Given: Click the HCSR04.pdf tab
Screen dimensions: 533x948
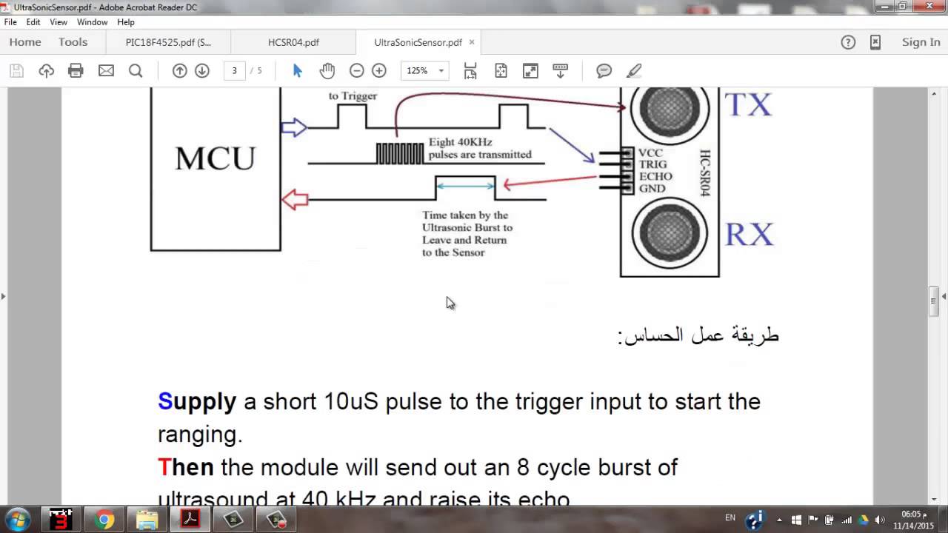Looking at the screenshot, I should tap(293, 42).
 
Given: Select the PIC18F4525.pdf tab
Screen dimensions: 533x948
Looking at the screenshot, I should tap(168, 42).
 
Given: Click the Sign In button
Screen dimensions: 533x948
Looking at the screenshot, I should tap(921, 42).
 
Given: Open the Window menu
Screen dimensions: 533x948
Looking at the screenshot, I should tap(92, 22).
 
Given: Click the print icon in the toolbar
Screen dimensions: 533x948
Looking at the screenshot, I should tap(76, 71).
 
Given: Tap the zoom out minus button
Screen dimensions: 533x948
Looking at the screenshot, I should tap(356, 71).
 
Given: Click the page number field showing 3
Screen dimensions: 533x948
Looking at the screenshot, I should tap(234, 71).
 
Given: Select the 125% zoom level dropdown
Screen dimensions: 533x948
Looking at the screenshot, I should tap(424, 71).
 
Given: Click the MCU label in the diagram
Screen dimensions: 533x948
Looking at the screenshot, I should tap(215, 158).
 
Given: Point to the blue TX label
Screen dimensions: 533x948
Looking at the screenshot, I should tap(748, 105).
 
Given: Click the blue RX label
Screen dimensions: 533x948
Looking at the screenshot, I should tap(749, 235).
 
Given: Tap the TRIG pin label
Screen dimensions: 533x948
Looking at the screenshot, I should tap(652, 164).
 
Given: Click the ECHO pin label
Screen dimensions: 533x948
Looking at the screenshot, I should tap(655, 176).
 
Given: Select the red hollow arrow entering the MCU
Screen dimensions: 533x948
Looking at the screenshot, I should tap(295, 199).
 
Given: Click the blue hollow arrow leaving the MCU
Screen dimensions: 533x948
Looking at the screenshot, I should tap(294, 127).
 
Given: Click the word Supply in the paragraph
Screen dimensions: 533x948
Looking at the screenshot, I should tap(196, 401).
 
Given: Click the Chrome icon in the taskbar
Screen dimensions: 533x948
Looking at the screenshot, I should tap(104, 520).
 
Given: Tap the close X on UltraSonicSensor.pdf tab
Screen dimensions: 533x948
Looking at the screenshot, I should tap(472, 42).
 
